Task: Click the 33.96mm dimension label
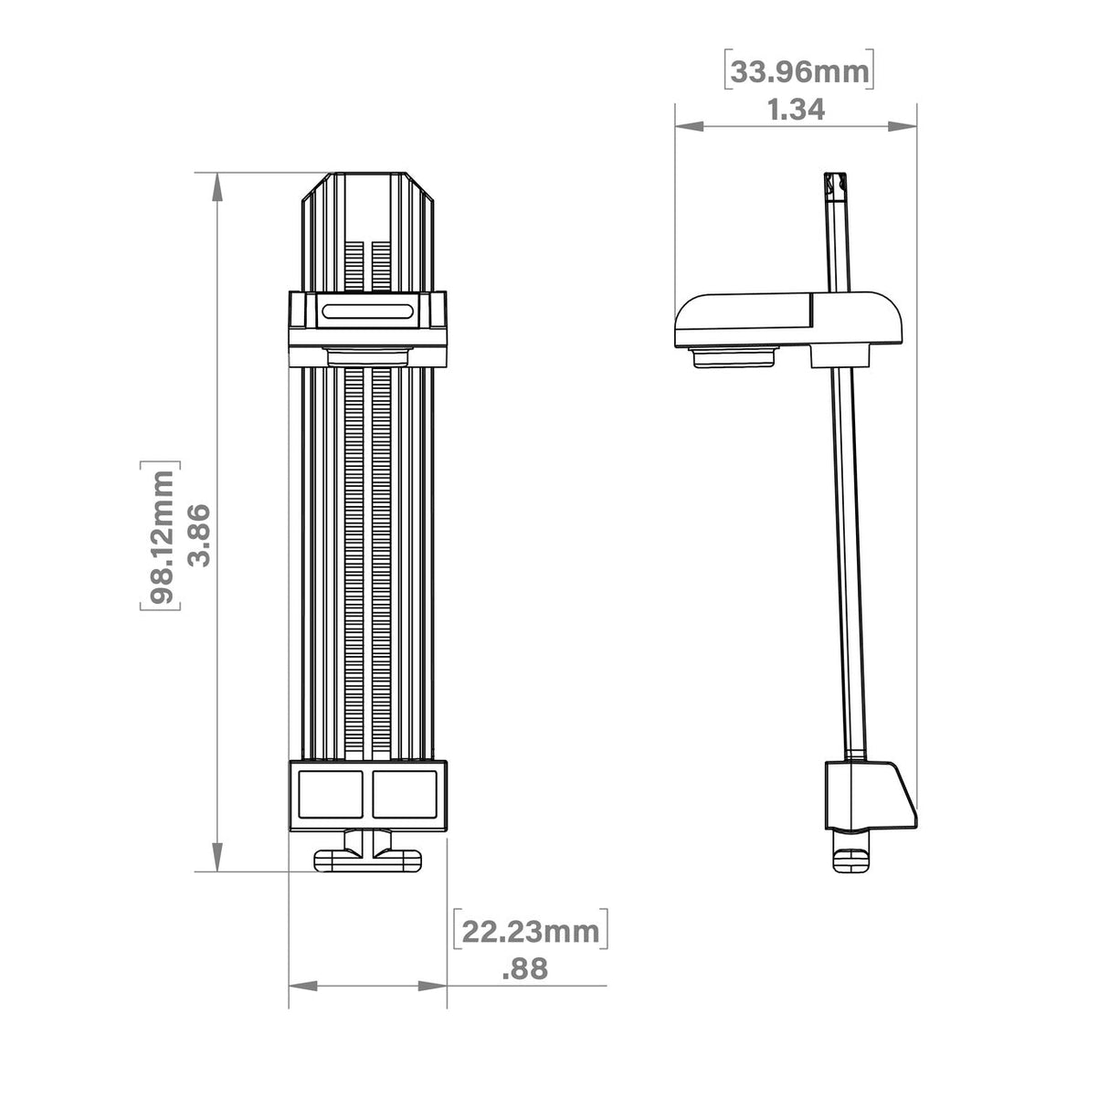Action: pyautogui.click(x=798, y=71)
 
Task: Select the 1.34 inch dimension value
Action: pyautogui.click(x=796, y=110)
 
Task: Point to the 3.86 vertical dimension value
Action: pyautogui.click(x=199, y=535)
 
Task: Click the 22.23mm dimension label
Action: pyautogui.click(x=530, y=932)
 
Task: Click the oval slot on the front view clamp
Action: pyautogui.click(x=368, y=311)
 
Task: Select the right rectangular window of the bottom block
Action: pyautogui.click(x=405, y=791)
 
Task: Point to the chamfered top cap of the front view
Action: pyautogui.click(x=367, y=187)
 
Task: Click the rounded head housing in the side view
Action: pyautogui.click(x=790, y=320)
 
